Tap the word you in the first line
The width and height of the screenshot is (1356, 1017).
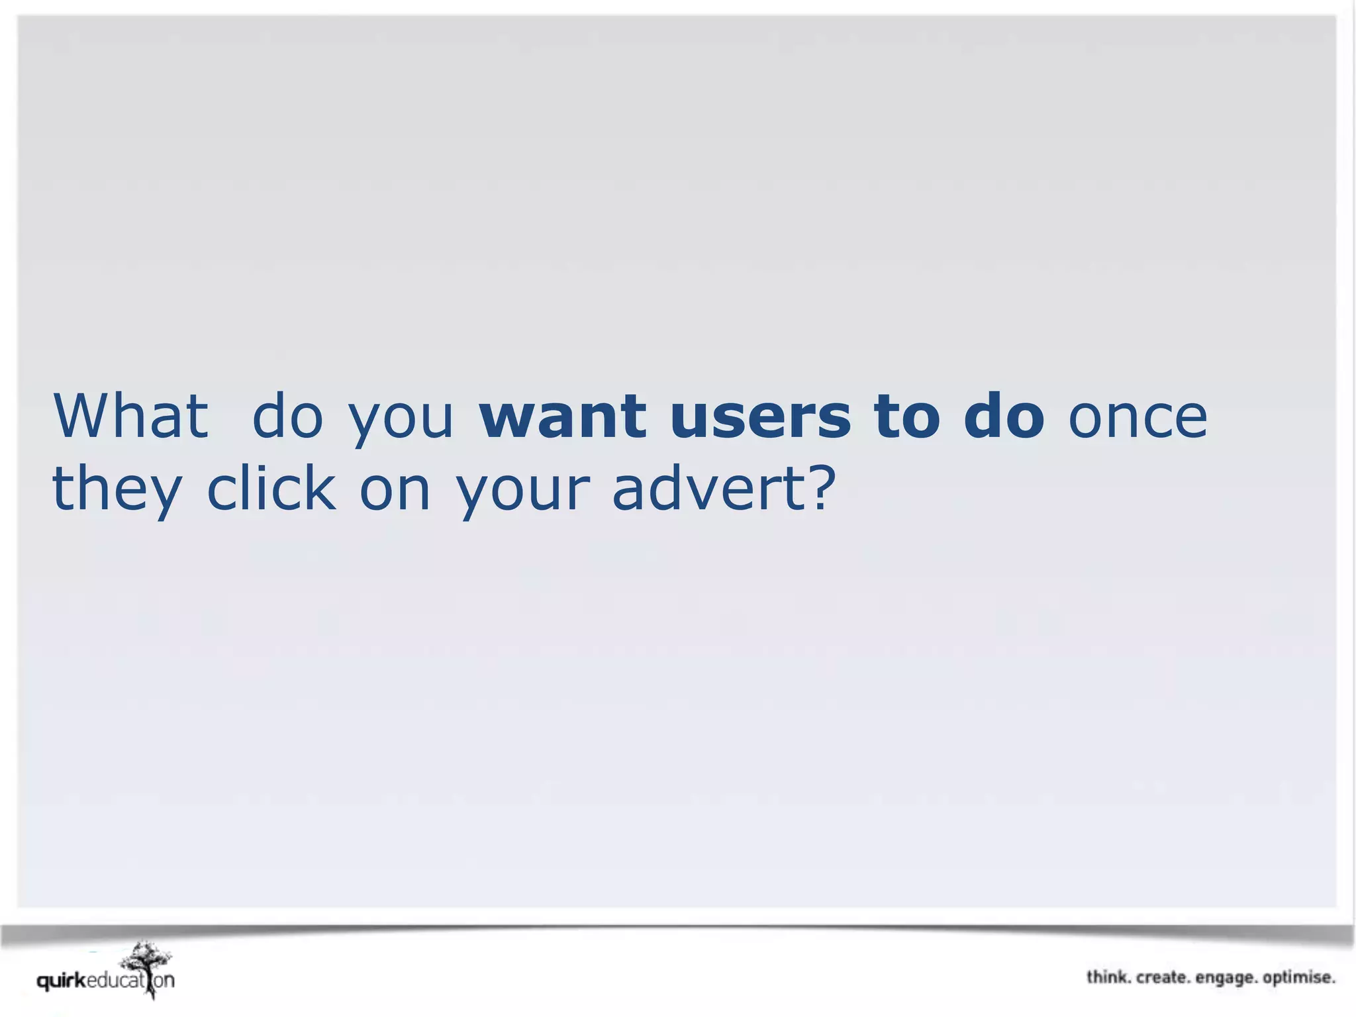(x=401, y=420)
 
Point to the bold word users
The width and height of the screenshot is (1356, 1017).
(x=760, y=417)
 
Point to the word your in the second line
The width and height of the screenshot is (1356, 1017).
(x=522, y=494)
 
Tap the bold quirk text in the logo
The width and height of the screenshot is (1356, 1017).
(x=61, y=981)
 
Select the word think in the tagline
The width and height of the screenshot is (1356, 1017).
(x=1108, y=977)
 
